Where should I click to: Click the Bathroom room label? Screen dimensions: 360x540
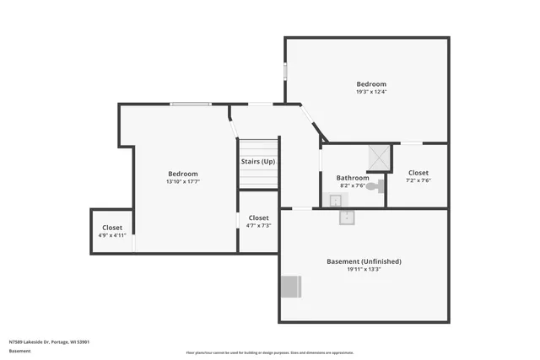pos(353,178)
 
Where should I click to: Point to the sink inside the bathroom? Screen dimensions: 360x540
pos(335,200)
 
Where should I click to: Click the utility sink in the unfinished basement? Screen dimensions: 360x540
pos(347,217)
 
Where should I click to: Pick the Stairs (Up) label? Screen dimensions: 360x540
pos(257,161)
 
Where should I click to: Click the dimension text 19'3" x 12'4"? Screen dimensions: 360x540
pos(371,92)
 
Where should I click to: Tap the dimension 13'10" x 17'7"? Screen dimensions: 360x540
pos(182,181)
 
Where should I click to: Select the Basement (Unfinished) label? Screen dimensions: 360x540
pos(364,261)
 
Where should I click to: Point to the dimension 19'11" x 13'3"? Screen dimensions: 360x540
pos(364,270)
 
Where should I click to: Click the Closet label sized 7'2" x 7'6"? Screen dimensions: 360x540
pos(418,173)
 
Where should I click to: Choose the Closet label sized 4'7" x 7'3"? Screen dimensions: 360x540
pos(258,218)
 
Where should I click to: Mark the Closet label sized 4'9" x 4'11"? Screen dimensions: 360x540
pos(112,228)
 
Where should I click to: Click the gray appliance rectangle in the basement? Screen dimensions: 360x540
pos(290,287)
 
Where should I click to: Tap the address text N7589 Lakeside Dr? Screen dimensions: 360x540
pos(49,342)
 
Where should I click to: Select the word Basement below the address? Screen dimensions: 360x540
pos(19,351)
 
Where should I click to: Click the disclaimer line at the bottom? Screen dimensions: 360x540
pos(269,353)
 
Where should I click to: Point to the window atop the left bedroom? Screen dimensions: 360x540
pos(191,104)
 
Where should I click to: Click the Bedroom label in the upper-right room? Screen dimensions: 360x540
pos(371,83)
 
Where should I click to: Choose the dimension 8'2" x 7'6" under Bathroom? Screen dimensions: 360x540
pos(353,186)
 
